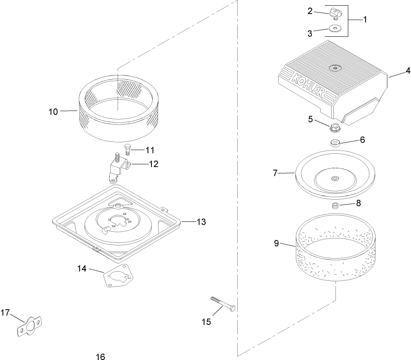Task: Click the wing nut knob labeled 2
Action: (334, 14)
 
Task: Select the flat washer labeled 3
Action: (335, 29)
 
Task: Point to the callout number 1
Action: (364, 19)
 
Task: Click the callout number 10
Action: (54, 111)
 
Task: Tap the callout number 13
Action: (201, 222)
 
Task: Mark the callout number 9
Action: (276, 243)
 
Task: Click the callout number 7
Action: (276, 173)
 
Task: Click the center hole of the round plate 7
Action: (334, 179)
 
